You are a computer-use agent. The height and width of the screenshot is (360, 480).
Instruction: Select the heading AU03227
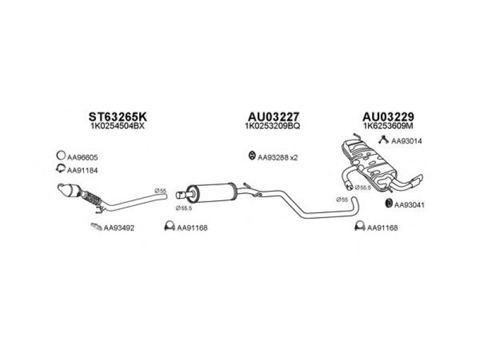click(x=274, y=116)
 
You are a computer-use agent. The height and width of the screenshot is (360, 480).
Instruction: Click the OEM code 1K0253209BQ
click(x=274, y=127)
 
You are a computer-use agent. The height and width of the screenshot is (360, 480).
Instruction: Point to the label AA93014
click(x=407, y=141)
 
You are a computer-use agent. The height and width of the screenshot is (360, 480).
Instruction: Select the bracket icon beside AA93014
click(x=382, y=140)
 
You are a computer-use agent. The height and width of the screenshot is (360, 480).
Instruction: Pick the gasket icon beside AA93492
click(x=95, y=227)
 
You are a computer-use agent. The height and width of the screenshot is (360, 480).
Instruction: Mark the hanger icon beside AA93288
click(x=250, y=157)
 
